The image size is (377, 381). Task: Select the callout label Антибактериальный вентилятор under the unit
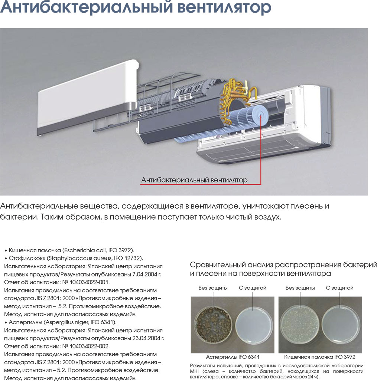[194, 180]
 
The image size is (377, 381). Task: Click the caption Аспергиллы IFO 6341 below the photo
[233, 357]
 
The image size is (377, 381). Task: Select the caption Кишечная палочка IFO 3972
[319, 357]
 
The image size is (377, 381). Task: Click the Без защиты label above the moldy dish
[213, 288]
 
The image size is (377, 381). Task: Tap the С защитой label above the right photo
[339, 288]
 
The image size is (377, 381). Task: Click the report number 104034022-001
[90, 282]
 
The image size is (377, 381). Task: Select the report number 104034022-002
[90, 346]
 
